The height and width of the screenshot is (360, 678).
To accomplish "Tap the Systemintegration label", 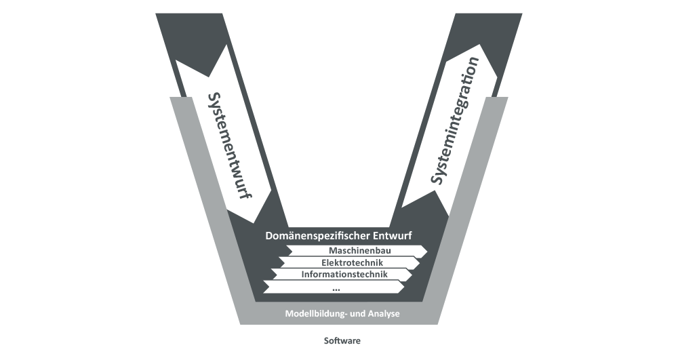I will tap(456, 121).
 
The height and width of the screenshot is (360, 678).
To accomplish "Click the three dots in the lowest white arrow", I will tap(336, 287).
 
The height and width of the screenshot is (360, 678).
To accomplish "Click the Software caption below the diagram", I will tap(342, 341).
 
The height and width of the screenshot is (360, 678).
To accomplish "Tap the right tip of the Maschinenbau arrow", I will tap(427, 251).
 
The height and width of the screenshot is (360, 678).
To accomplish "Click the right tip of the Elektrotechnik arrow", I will tap(420, 262).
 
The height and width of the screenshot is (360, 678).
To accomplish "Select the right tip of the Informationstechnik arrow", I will tap(412, 275).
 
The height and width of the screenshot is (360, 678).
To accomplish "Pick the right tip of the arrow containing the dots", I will tap(405, 287).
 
